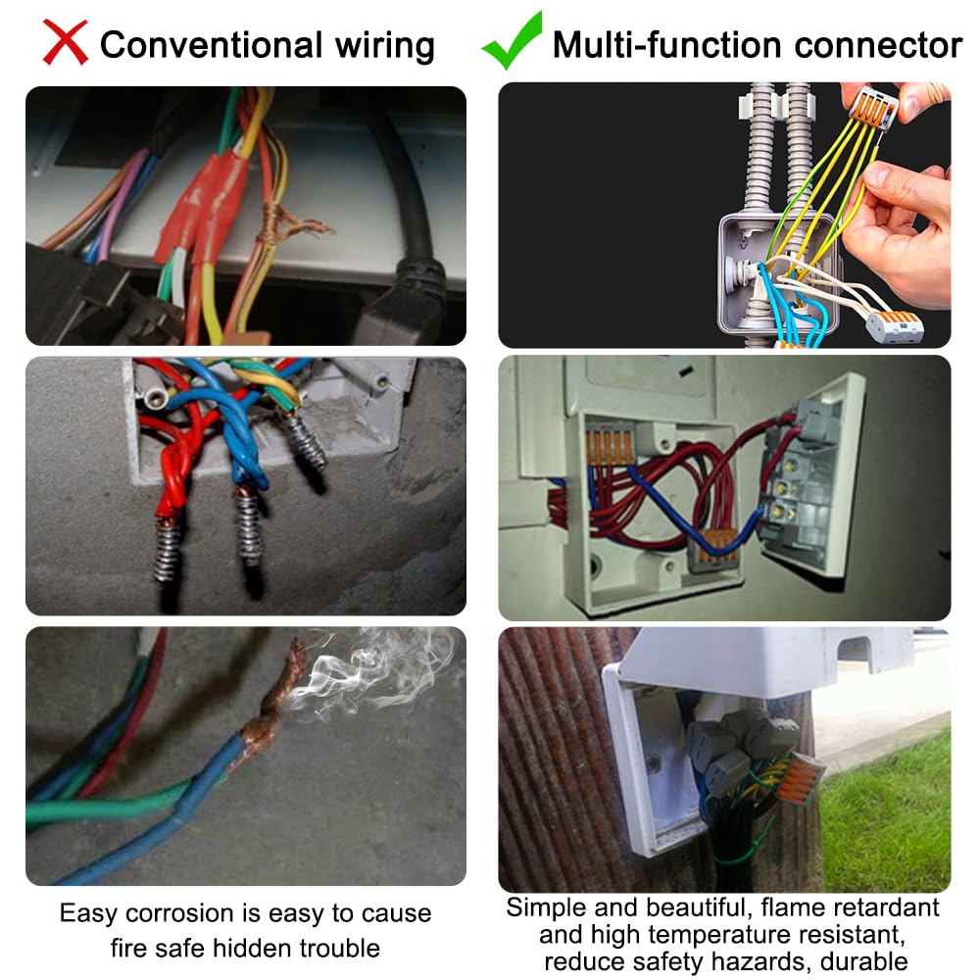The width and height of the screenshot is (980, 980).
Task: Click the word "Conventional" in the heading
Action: pos(210,45)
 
